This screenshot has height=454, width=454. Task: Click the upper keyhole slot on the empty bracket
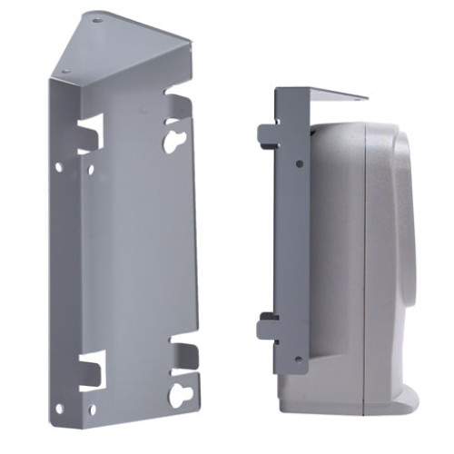pyautogui.click(x=173, y=138)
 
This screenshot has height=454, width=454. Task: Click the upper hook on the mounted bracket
pyautogui.click(x=268, y=136)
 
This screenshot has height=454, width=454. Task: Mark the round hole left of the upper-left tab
pyautogui.click(x=60, y=167)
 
